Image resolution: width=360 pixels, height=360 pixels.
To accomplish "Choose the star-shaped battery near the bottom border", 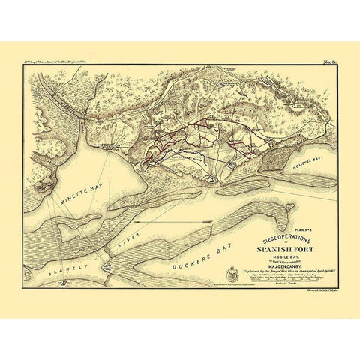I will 66,283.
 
